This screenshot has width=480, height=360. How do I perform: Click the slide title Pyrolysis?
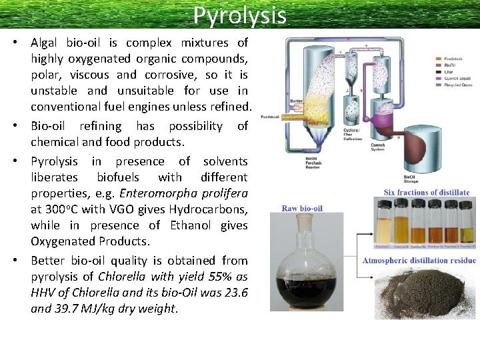tap(240, 15)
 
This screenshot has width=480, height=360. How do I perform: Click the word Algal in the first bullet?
tap(46, 42)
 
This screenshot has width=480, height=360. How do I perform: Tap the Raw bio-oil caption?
tap(301, 208)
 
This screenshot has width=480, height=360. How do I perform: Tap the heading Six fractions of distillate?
tap(426, 193)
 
